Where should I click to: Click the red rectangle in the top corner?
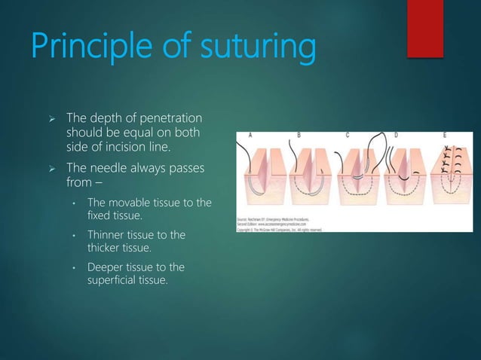click(x=425, y=28)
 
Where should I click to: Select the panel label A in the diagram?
click(x=249, y=136)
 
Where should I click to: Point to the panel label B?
click(x=299, y=136)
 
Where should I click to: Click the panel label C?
click(x=347, y=136)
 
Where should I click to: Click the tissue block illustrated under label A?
click(x=260, y=181)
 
